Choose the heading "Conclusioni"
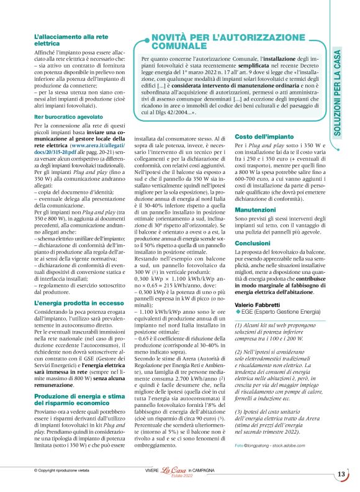[x=252, y=244]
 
